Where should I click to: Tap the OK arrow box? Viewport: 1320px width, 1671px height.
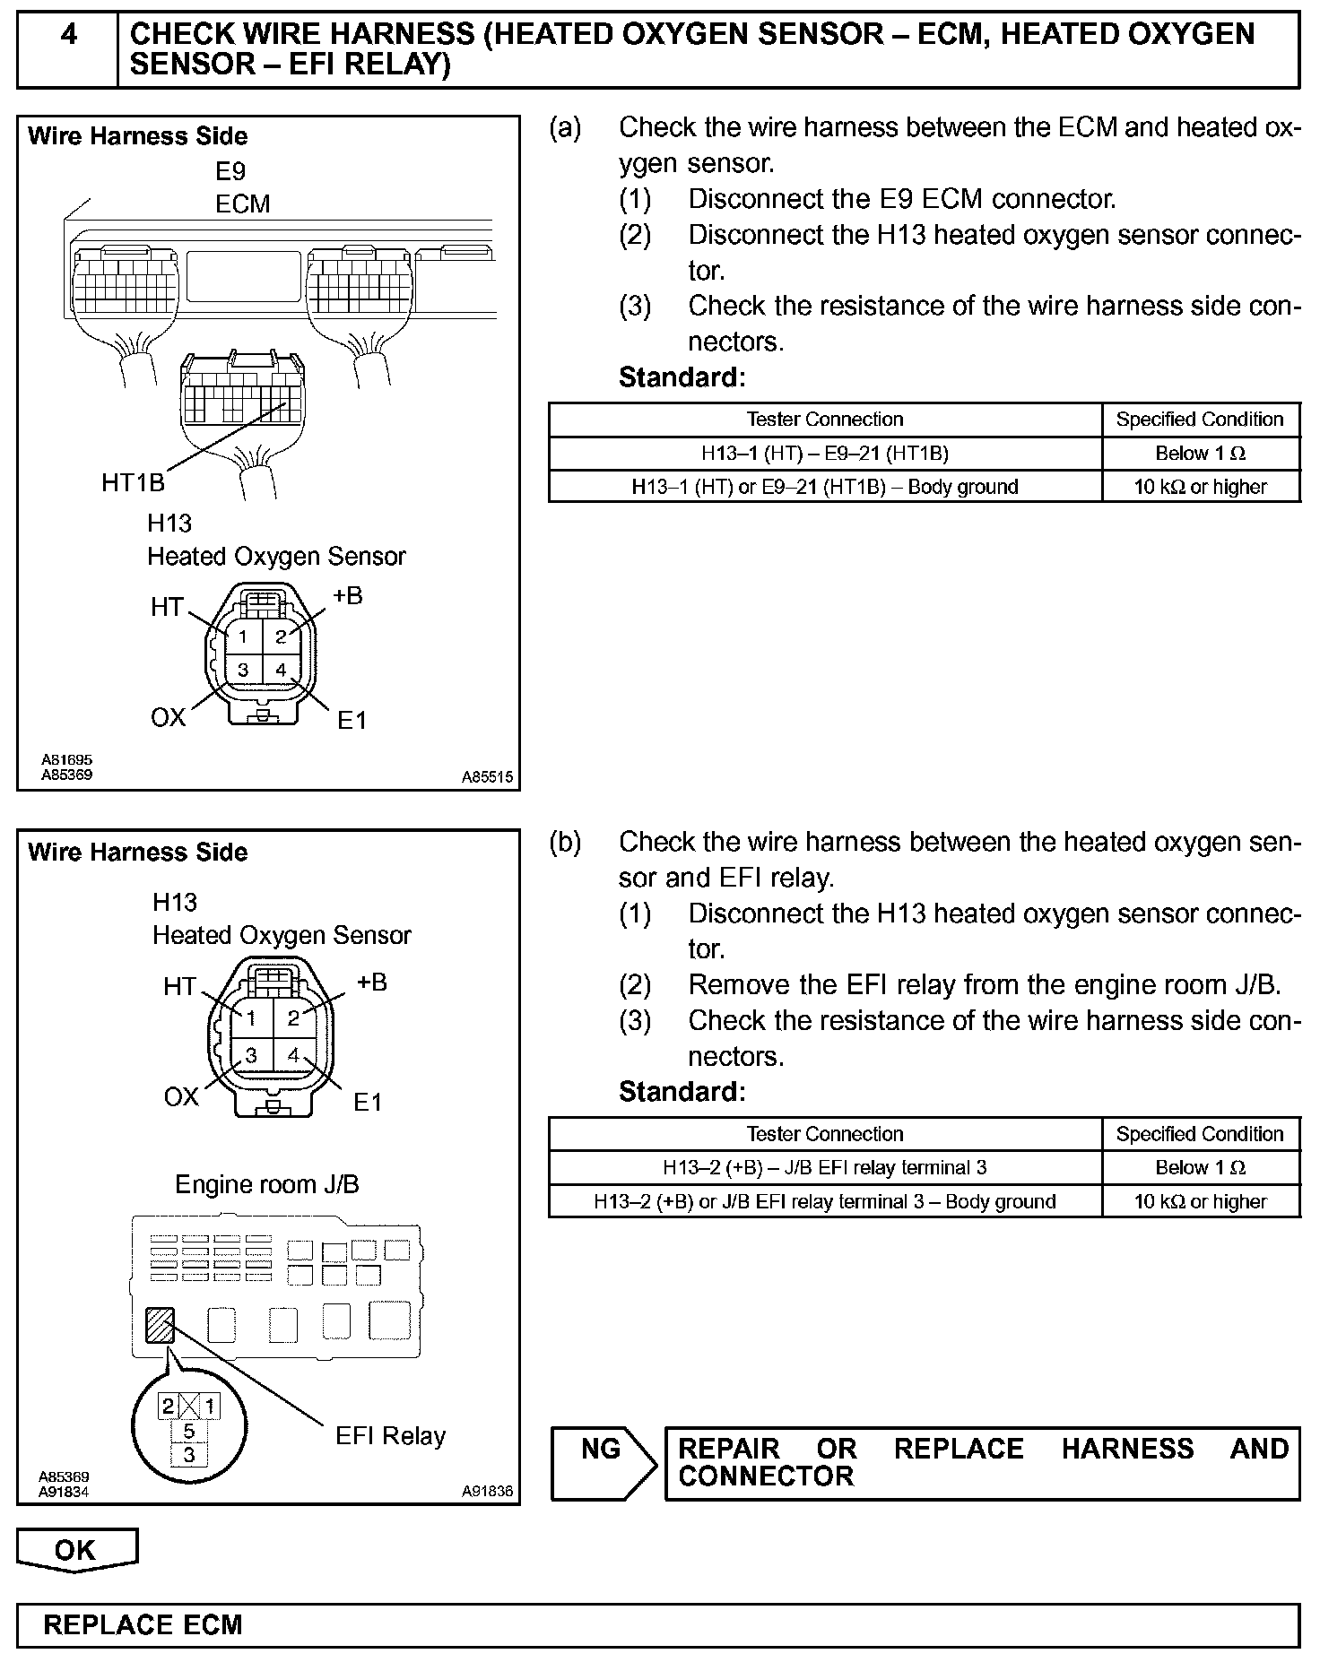pyautogui.click(x=76, y=1551)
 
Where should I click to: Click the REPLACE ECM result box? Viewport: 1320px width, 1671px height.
pyautogui.click(x=658, y=1625)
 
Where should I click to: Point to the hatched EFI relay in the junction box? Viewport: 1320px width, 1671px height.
pyautogui.click(x=160, y=1325)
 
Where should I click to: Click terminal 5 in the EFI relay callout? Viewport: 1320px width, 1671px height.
pyautogui.click(x=188, y=1432)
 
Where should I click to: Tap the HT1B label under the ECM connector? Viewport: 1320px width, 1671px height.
pyautogui.click(x=133, y=483)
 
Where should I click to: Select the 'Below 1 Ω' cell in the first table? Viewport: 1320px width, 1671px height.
pyautogui.click(x=1200, y=454)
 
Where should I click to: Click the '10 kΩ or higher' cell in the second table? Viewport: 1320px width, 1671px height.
pyautogui.click(x=1200, y=1201)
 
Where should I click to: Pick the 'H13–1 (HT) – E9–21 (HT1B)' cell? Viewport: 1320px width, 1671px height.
pyautogui.click(x=824, y=454)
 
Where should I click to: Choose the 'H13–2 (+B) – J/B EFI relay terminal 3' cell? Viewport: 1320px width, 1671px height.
pyautogui.click(x=824, y=1167)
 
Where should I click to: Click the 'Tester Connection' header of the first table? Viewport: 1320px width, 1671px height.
pyautogui.click(x=824, y=420)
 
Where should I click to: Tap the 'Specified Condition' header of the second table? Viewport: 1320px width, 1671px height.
pyautogui.click(x=1200, y=1134)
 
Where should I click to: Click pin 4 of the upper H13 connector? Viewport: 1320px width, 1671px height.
pyautogui.click(x=281, y=670)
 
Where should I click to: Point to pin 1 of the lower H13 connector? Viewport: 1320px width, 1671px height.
pyautogui.click(x=252, y=1018)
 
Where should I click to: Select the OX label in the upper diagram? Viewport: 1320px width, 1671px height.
pyautogui.click(x=168, y=717)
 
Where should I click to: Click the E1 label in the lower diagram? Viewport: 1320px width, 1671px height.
pyautogui.click(x=368, y=1102)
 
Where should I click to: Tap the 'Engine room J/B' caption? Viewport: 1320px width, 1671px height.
pyautogui.click(x=267, y=1185)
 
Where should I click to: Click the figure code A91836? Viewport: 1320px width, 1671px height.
pyautogui.click(x=487, y=1492)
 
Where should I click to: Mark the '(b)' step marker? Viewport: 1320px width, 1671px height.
pyautogui.click(x=565, y=843)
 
